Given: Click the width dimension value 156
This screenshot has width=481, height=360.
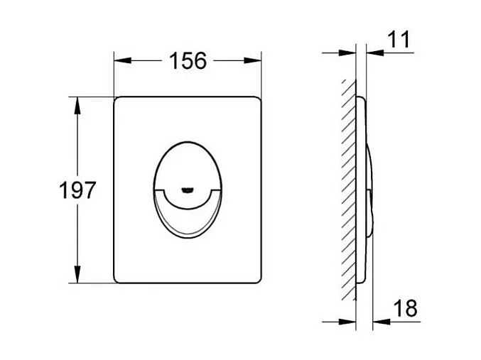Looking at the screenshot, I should click(187, 62).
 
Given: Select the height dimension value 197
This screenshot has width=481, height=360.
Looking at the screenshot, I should click(77, 190).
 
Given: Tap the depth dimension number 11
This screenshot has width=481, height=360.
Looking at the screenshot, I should click(400, 40).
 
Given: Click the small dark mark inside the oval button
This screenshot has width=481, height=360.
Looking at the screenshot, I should click(187, 190).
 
